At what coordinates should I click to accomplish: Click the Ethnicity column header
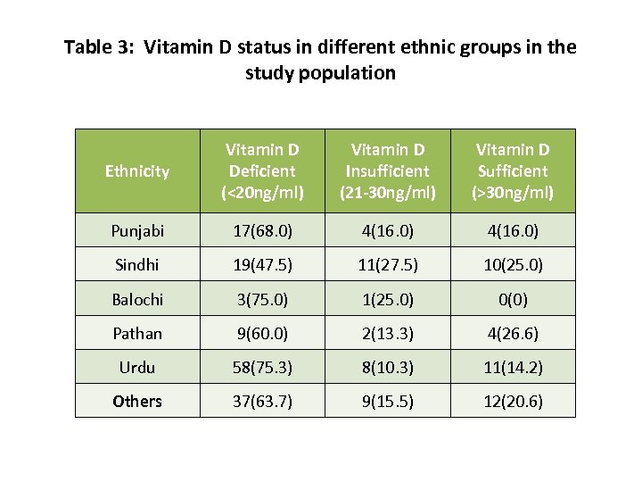(137, 171)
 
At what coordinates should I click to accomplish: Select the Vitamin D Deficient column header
(262, 171)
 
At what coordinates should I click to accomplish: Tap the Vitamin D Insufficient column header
(388, 171)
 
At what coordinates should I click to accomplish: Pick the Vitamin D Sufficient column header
(513, 171)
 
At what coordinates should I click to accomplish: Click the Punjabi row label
(137, 231)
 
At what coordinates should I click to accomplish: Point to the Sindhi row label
(137, 265)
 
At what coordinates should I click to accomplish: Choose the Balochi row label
(137, 299)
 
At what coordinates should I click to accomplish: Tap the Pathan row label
(137, 333)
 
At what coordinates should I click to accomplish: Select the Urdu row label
(137, 367)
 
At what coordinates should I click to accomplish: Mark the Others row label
(137, 401)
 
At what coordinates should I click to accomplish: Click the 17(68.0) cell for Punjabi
(262, 231)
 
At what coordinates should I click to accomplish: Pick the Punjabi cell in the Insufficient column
(388, 231)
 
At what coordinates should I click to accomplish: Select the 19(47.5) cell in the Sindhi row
(262, 265)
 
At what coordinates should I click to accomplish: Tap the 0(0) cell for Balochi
(513, 299)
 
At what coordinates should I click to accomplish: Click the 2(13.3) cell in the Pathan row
(388, 333)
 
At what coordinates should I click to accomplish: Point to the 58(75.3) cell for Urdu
(262, 367)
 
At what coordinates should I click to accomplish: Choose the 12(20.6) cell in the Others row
(513, 401)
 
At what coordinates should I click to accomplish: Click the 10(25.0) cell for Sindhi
(513, 265)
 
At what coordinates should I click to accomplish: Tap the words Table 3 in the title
(94, 47)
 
